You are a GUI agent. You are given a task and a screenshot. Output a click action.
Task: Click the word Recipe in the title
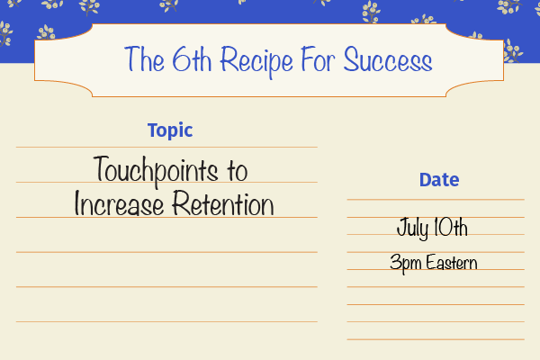pyautogui.click(x=256, y=61)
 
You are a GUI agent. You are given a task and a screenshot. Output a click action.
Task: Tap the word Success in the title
pyautogui.click(x=388, y=59)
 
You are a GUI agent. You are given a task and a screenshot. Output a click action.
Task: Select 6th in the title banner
pyautogui.click(x=192, y=58)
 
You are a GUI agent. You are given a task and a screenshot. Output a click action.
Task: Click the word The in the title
pyautogui.click(x=144, y=58)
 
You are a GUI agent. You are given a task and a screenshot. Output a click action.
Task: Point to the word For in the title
pyautogui.click(x=318, y=58)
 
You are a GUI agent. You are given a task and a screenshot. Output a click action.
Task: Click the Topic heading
pyautogui.click(x=170, y=130)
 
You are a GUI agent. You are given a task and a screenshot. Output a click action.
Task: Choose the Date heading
pyautogui.click(x=439, y=180)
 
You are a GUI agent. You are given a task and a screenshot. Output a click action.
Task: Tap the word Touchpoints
pyautogui.click(x=156, y=171)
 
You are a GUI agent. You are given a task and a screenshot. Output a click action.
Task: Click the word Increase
pyautogui.click(x=119, y=203)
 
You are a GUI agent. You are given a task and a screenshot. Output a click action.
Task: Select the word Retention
pyautogui.click(x=223, y=203)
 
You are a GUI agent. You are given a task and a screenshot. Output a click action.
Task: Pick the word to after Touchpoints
pyautogui.click(x=238, y=171)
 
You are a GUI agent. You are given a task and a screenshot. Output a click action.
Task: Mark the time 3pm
pyautogui.click(x=406, y=263)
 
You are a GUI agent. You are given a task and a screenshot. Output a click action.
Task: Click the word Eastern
pyautogui.click(x=452, y=263)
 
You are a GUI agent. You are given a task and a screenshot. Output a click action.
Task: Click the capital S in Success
pyautogui.click(x=352, y=59)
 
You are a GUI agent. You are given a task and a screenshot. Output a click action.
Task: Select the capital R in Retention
pyautogui.click(x=181, y=202)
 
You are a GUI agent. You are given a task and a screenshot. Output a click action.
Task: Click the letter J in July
pyautogui.click(x=402, y=227)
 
